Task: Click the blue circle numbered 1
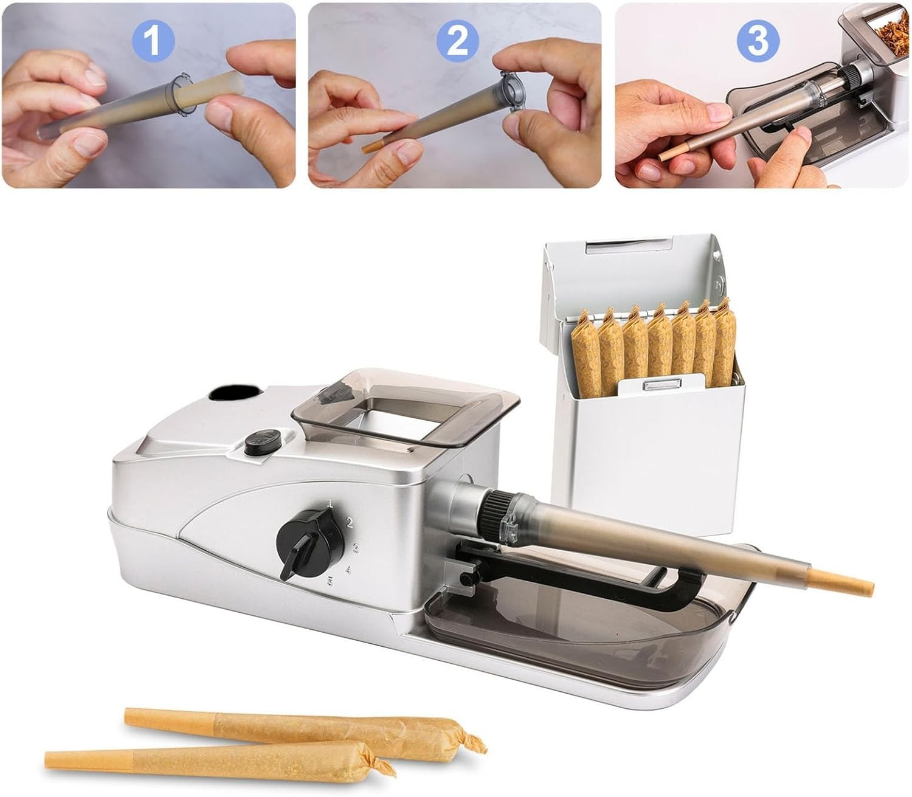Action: (153, 41)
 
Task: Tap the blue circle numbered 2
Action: (457, 41)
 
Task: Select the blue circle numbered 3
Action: (758, 41)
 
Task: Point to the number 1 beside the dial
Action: (330, 505)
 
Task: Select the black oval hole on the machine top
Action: (235, 395)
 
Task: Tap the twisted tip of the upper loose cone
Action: (472, 738)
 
